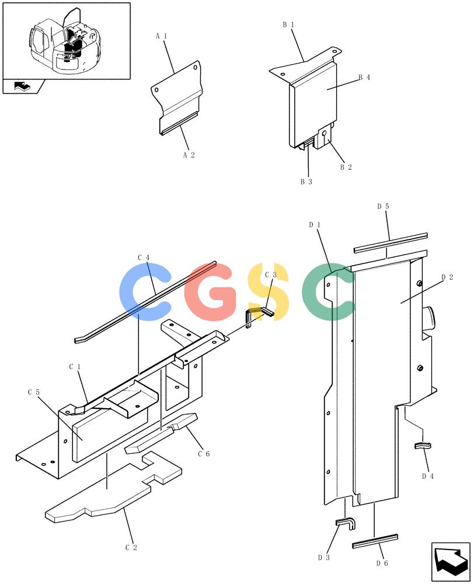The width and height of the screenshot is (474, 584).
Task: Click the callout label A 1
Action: tap(161, 36)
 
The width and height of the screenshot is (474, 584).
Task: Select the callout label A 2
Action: tap(189, 155)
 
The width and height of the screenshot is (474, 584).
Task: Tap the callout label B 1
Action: tap(288, 25)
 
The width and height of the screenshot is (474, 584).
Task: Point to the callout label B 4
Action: tap(364, 78)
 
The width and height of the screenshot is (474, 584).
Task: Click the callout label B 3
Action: tap(306, 182)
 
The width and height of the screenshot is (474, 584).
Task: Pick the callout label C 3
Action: tap(271, 275)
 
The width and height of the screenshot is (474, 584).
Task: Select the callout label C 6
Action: tap(204, 454)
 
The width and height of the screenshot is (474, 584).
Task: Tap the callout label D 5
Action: tap(383, 206)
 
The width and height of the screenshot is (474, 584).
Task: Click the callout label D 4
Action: tap(427, 476)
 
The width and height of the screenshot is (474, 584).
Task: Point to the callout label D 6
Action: tap(382, 563)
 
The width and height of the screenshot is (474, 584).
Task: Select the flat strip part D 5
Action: tap(390, 243)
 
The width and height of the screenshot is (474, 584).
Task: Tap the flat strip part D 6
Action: tap(375, 541)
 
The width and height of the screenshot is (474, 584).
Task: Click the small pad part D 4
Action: tap(423, 446)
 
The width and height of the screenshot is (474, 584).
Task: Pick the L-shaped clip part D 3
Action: tap(346, 523)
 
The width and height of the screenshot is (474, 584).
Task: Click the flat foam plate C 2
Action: tap(114, 488)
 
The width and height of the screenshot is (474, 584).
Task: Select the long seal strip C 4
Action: tap(145, 302)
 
